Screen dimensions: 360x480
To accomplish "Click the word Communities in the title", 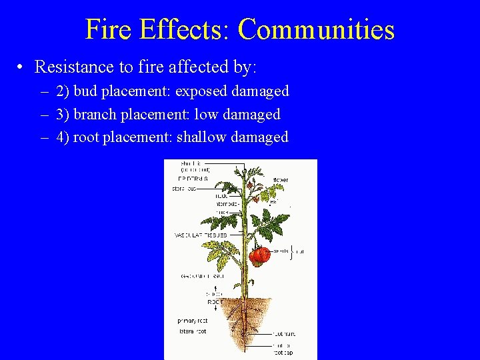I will [316, 30].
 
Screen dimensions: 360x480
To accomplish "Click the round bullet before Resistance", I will [22, 67].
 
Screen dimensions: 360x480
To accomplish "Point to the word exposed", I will [201, 91].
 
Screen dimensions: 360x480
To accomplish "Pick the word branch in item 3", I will [94, 115].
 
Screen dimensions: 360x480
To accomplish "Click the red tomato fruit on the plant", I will [260, 254].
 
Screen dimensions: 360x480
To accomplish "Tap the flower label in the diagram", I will [280, 180].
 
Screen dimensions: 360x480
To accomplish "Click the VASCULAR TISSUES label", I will [200, 235].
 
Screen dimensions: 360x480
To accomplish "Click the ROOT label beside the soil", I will [215, 301].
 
